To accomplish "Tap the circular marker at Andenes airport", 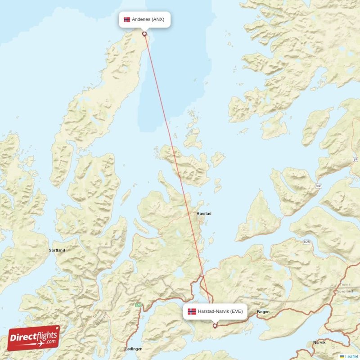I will click(144, 34).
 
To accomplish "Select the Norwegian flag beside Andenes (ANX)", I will click(127, 19).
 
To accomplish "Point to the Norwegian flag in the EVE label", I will click(192, 311).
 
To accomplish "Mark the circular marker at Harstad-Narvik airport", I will click(215, 326).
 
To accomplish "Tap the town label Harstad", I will click(204, 214).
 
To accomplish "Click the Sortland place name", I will click(57, 250).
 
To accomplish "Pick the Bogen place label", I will click(263, 312).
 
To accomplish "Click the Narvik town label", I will click(319, 342).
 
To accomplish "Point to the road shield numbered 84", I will click(355, 160).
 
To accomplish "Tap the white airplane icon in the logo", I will click(40, 344).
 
